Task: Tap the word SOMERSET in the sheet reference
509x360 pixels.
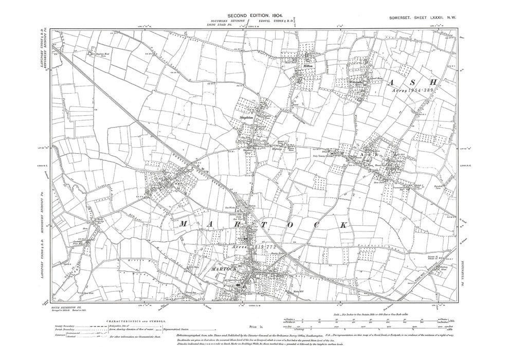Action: (x=404, y=18)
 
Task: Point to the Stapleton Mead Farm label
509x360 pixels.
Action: (x=100, y=53)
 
